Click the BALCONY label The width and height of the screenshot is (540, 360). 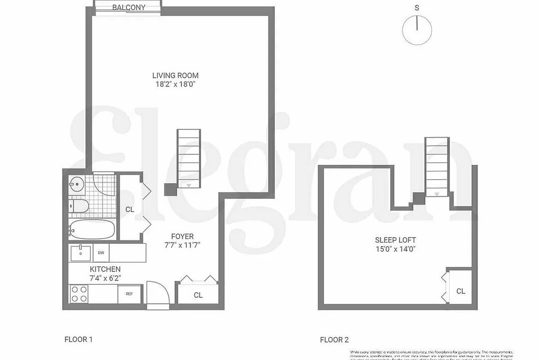click(x=129, y=7)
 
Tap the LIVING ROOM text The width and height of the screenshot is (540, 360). click(x=175, y=76)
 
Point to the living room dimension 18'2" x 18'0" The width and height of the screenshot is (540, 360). click(x=175, y=84)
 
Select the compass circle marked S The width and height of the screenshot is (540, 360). click(x=417, y=30)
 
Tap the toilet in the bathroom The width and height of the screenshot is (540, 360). click(x=78, y=207)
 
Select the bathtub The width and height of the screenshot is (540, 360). click(x=92, y=229)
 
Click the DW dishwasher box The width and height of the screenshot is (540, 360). click(x=101, y=253)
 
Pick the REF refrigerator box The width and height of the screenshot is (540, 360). click(x=129, y=294)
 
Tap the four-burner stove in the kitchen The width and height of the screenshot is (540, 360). click(x=78, y=294)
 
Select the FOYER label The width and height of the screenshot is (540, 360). click(x=182, y=237)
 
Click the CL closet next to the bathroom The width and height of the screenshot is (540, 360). click(x=130, y=209)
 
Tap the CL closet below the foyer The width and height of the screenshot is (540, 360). click(x=198, y=295)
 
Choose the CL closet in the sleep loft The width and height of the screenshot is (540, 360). click(x=460, y=291)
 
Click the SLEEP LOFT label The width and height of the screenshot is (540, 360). click(x=395, y=240)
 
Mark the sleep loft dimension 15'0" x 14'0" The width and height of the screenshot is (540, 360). click(x=395, y=248)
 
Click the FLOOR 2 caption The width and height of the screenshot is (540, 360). click(x=334, y=340)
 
